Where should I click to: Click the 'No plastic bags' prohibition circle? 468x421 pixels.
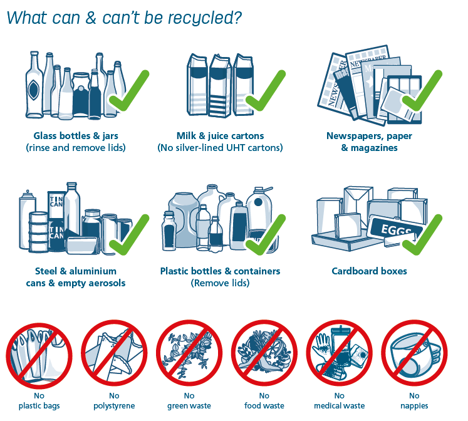[39, 352]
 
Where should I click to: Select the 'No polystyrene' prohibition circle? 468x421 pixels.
[114, 352]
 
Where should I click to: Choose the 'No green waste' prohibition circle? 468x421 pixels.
[189, 352]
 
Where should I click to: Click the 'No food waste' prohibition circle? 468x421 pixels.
[264, 352]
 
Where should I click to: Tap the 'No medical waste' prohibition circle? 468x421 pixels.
[339, 352]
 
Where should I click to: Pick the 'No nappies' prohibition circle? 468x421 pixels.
[414, 352]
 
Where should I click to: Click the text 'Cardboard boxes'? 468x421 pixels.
[369, 271]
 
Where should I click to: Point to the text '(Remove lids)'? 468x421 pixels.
[220, 283]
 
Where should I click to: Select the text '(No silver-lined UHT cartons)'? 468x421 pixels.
[220, 148]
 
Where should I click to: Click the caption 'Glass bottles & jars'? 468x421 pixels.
[76, 136]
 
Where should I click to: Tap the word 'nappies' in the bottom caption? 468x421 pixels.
[414, 406]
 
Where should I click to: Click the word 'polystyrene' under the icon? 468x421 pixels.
[114, 406]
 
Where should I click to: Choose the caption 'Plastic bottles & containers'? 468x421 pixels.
[220, 271]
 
